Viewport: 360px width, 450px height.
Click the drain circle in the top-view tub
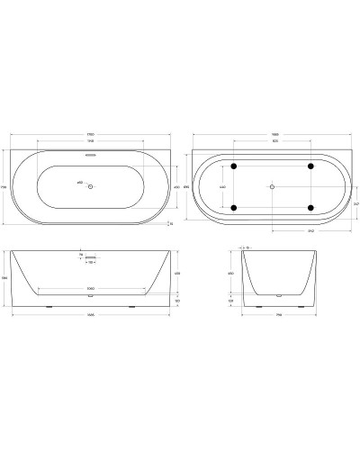(x=90, y=185)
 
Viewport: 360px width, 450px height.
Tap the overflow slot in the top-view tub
(x=90, y=154)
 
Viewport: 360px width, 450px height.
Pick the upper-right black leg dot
(x=309, y=166)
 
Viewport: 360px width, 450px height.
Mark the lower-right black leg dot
(x=309, y=208)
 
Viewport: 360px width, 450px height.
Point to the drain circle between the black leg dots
(x=272, y=187)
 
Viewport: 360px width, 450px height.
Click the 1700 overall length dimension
(x=90, y=135)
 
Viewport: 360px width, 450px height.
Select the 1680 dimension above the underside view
(x=272, y=135)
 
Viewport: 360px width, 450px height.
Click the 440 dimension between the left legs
(x=222, y=187)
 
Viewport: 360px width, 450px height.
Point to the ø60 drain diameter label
(x=80, y=183)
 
